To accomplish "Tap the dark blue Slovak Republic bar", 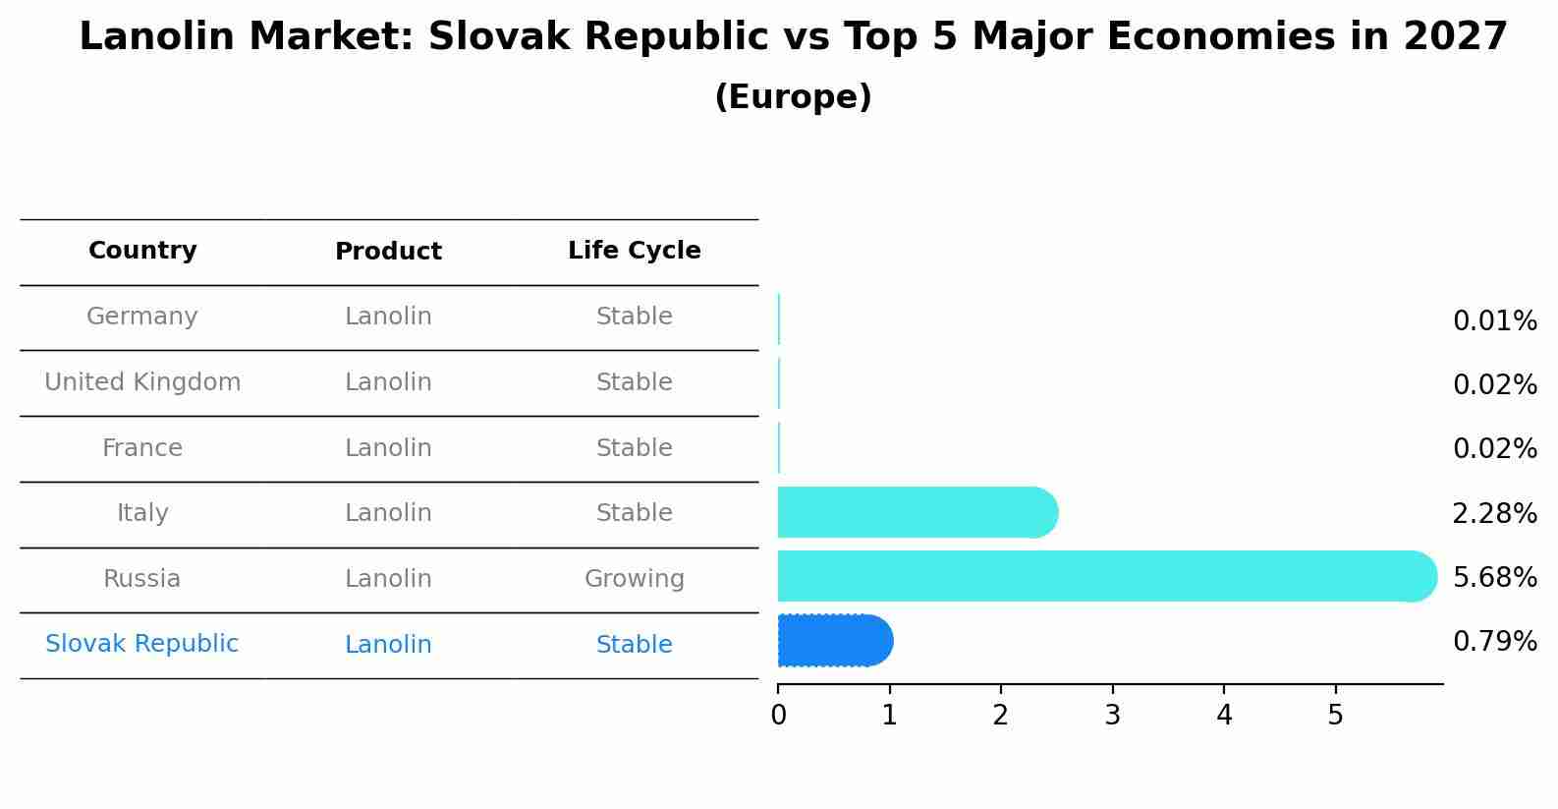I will click(x=834, y=641).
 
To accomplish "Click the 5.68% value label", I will click(x=1494, y=577).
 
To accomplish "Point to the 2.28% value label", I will click(x=1494, y=513).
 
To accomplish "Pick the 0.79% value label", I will click(x=1494, y=642).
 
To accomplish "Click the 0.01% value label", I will click(x=1494, y=321).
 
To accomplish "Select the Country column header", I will click(x=142, y=251).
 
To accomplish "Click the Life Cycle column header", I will click(x=634, y=251).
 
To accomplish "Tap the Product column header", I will click(x=388, y=252).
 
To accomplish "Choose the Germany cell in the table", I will click(x=142, y=317).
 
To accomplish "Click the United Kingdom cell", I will click(x=142, y=382).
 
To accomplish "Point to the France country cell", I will click(x=142, y=448).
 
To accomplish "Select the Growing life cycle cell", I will click(x=634, y=579).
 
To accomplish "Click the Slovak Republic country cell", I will click(x=142, y=644).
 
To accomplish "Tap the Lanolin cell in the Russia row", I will click(x=388, y=579).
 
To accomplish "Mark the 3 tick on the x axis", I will click(x=1112, y=715).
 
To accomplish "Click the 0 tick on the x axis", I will click(x=778, y=715).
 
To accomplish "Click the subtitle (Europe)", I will click(x=793, y=97).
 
